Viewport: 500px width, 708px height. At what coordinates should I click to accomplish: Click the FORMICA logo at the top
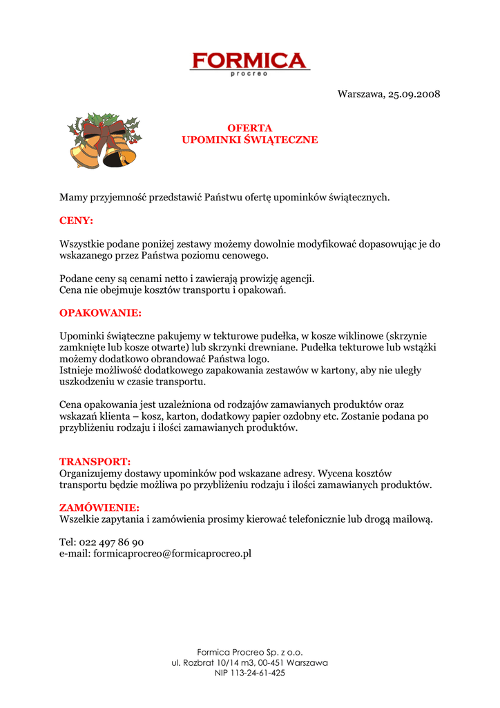[x=249, y=61]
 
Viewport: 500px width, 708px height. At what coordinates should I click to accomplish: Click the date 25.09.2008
[x=414, y=94]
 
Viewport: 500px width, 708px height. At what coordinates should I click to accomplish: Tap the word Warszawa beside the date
[x=360, y=94]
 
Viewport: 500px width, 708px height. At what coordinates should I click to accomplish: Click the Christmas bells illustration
[x=103, y=142]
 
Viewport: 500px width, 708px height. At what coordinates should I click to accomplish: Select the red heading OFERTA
[x=250, y=128]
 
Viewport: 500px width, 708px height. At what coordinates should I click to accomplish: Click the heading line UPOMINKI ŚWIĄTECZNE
[x=250, y=140]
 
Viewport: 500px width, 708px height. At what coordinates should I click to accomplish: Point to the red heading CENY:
[x=76, y=221]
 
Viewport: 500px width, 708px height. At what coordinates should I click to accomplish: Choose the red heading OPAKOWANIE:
[x=100, y=313]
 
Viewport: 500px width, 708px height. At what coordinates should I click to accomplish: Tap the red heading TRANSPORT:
[x=95, y=461]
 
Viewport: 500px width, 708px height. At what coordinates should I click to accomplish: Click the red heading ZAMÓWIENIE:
[x=99, y=507]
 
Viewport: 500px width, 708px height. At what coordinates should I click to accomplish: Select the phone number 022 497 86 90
[x=112, y=542]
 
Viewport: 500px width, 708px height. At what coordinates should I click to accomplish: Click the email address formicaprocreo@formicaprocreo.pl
[x=172, y=554]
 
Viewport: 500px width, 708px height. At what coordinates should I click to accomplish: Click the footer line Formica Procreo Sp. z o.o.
[x=250, y=652]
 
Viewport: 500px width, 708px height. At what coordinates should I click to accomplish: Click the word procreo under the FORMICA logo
[x=249, y=74]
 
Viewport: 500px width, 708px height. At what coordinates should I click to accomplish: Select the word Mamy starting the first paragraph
[x=73, y=198]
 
